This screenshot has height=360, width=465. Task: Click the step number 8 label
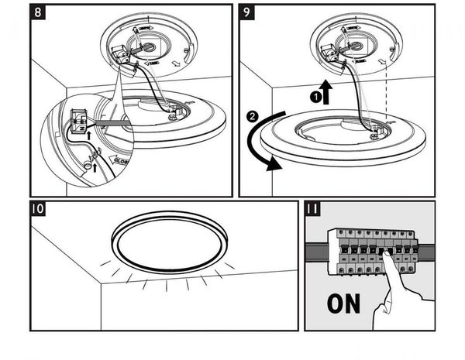tap(40, 13)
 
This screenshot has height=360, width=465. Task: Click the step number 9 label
tap(246, 13)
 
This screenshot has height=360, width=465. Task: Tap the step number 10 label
tap(39, 209)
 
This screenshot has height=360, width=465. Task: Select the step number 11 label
tap(313, 209)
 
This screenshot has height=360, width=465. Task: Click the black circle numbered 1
tap(315, 97)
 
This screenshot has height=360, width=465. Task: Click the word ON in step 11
tap(343, 302)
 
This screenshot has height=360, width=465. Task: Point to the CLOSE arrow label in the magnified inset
tap(120, 162)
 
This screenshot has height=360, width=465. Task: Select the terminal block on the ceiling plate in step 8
tap(119, 56)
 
